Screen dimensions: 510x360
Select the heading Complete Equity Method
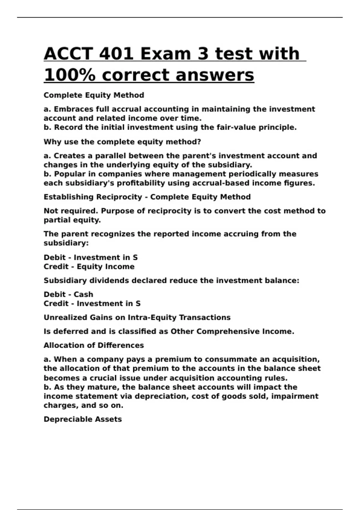point(94,95)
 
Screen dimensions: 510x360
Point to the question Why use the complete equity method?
point(122,142)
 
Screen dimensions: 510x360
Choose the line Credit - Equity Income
point(89,267)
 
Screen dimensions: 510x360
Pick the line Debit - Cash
point(68,294)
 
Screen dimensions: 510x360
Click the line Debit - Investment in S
point(91,257)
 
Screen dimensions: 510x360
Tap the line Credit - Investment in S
point(92,304)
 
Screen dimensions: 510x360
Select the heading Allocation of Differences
point(94,345)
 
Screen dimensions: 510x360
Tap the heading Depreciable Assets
point(82,419)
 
